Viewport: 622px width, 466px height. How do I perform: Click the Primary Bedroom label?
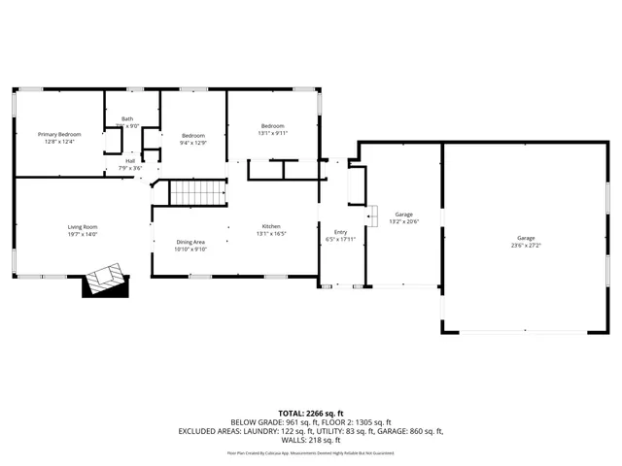click(x=59, y=134)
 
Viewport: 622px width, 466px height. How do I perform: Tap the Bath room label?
click(x=127, y=118)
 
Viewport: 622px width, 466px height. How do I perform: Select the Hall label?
click(x=130, y=161)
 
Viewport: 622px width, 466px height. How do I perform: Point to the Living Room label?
click(x=83, y=227)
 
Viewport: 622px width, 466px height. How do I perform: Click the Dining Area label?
click(x=190, y=242)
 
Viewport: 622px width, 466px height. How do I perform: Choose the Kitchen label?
click(x=270, y=226)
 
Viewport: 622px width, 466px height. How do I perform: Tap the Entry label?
click(x=340, y=232)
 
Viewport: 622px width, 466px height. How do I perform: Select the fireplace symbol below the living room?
click(x=105, y=281)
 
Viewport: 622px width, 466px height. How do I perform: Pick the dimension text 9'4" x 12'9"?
click(x=194, y=143)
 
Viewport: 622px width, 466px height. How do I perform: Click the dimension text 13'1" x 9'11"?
click(x=272, y=133)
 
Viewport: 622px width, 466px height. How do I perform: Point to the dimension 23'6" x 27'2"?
click(x=526, y=246)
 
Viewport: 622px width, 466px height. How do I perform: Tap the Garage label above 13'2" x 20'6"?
click(x=403, y=215)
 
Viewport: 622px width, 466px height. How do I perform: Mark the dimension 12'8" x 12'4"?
click(x=59, y=142)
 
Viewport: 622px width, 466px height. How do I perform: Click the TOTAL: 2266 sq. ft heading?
click(x=311, y=414)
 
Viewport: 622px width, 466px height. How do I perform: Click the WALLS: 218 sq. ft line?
click(x=311, y=440)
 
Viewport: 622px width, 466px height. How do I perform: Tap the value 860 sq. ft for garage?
click(x=424, y=431)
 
